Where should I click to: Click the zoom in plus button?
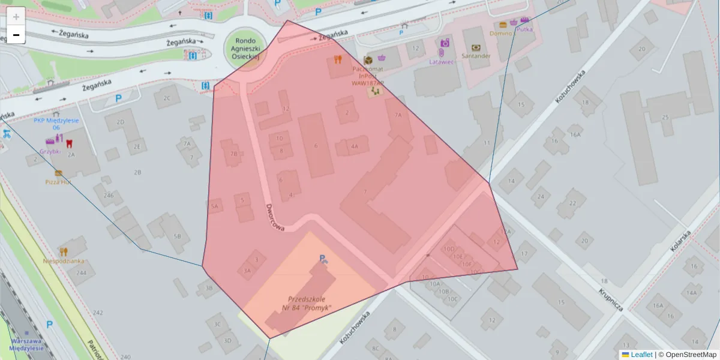pos(16,17)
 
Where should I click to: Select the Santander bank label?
pos(476,56)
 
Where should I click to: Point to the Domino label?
pos(500,34)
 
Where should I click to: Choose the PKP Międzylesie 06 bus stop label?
pos(56,124)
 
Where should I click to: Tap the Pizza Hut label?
pos(58,181)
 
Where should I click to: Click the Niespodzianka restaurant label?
pos(64,261)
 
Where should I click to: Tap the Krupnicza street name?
pos(610,299)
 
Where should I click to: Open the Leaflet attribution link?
pos(641,355)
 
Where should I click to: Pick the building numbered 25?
pos(665,117)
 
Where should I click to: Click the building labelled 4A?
pos(355,146)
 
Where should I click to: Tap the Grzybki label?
pos(50,151)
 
